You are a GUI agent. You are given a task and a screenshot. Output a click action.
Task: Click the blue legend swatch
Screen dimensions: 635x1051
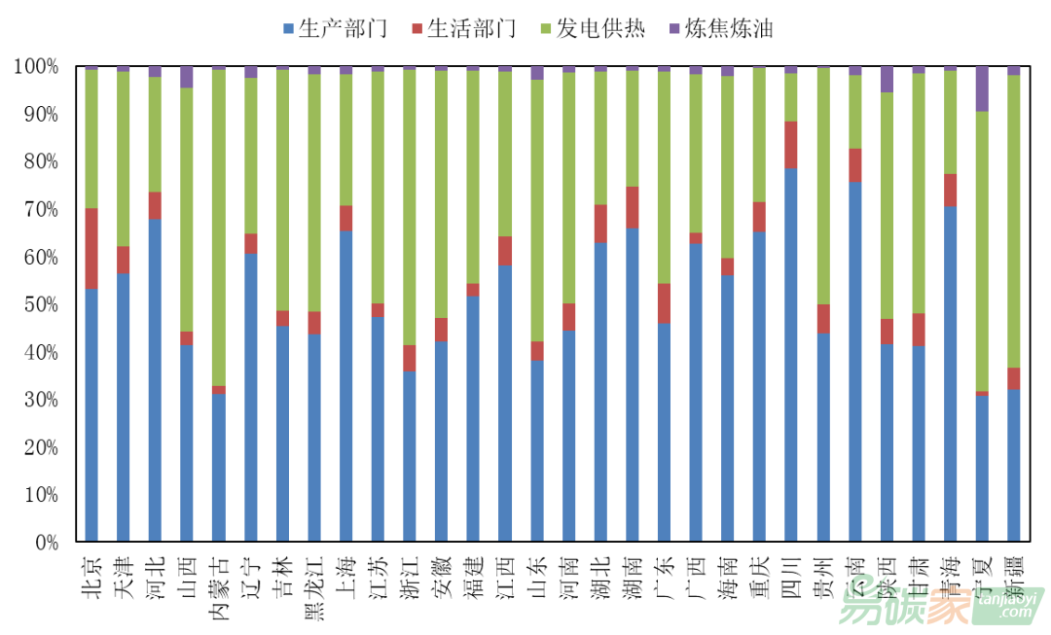288,28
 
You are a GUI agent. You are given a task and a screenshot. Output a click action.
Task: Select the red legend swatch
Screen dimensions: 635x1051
417,28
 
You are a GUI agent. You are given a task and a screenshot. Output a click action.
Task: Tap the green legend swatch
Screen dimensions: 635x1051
546,28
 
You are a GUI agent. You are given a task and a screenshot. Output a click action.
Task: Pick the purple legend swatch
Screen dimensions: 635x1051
674,28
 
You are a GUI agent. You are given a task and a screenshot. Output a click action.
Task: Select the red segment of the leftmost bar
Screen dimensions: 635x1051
91,248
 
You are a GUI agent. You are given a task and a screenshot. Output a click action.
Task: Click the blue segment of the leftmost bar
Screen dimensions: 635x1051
91,413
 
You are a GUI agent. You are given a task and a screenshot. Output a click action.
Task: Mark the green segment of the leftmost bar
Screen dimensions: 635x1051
91,138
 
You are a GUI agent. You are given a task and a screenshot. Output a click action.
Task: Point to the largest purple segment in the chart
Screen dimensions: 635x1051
982,88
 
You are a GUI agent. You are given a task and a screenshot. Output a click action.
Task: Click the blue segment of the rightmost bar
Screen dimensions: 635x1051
1014,464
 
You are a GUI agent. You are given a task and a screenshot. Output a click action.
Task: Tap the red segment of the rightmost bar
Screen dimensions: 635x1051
1014,378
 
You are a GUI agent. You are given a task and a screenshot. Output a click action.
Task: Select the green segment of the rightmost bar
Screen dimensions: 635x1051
1014,221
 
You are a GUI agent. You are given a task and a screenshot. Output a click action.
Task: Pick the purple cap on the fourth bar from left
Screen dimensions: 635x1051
187,77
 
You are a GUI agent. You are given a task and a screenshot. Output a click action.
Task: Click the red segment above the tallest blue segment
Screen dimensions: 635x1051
791,145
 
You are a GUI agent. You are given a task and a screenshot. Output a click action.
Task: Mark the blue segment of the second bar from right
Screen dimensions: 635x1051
982,468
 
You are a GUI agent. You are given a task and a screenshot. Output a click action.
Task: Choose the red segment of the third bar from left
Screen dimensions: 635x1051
155,205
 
